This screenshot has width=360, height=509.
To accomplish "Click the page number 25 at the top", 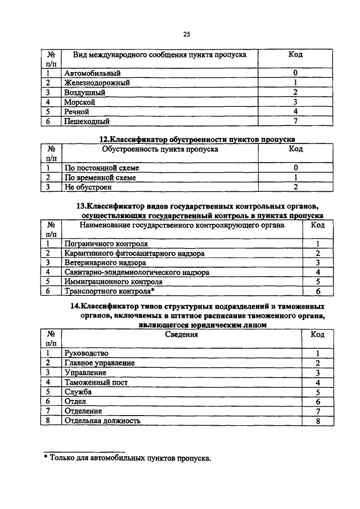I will [x=186, y=34].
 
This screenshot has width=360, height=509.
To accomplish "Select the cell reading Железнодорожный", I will [x=97, y=83].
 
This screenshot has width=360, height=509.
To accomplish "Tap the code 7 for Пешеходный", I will [x=295, y=121].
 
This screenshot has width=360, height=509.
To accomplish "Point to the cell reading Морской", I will [x=80, y=102].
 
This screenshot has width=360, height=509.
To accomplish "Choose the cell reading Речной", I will [x=78, y=111].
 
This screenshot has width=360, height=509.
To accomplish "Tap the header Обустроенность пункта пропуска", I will [x=160, y=150].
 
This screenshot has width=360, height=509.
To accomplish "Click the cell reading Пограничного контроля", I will [x=106, y=244].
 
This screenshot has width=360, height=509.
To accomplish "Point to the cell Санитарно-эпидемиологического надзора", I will [x=137, y=272].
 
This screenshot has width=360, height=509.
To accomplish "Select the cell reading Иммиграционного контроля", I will [x=114, y=282].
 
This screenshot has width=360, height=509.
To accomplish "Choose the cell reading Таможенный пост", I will [x=96, y=382].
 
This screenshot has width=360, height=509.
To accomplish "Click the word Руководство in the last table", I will [x=87, y=353].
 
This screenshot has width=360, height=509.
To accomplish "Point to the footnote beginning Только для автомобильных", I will [x=130, y=458].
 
